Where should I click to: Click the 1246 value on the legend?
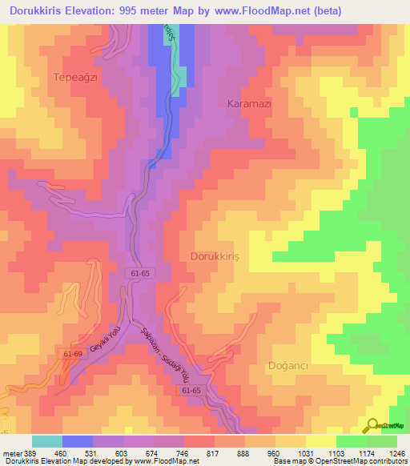point(396,454)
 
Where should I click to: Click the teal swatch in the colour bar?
point(46,441)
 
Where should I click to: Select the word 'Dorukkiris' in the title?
point(32,11)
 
